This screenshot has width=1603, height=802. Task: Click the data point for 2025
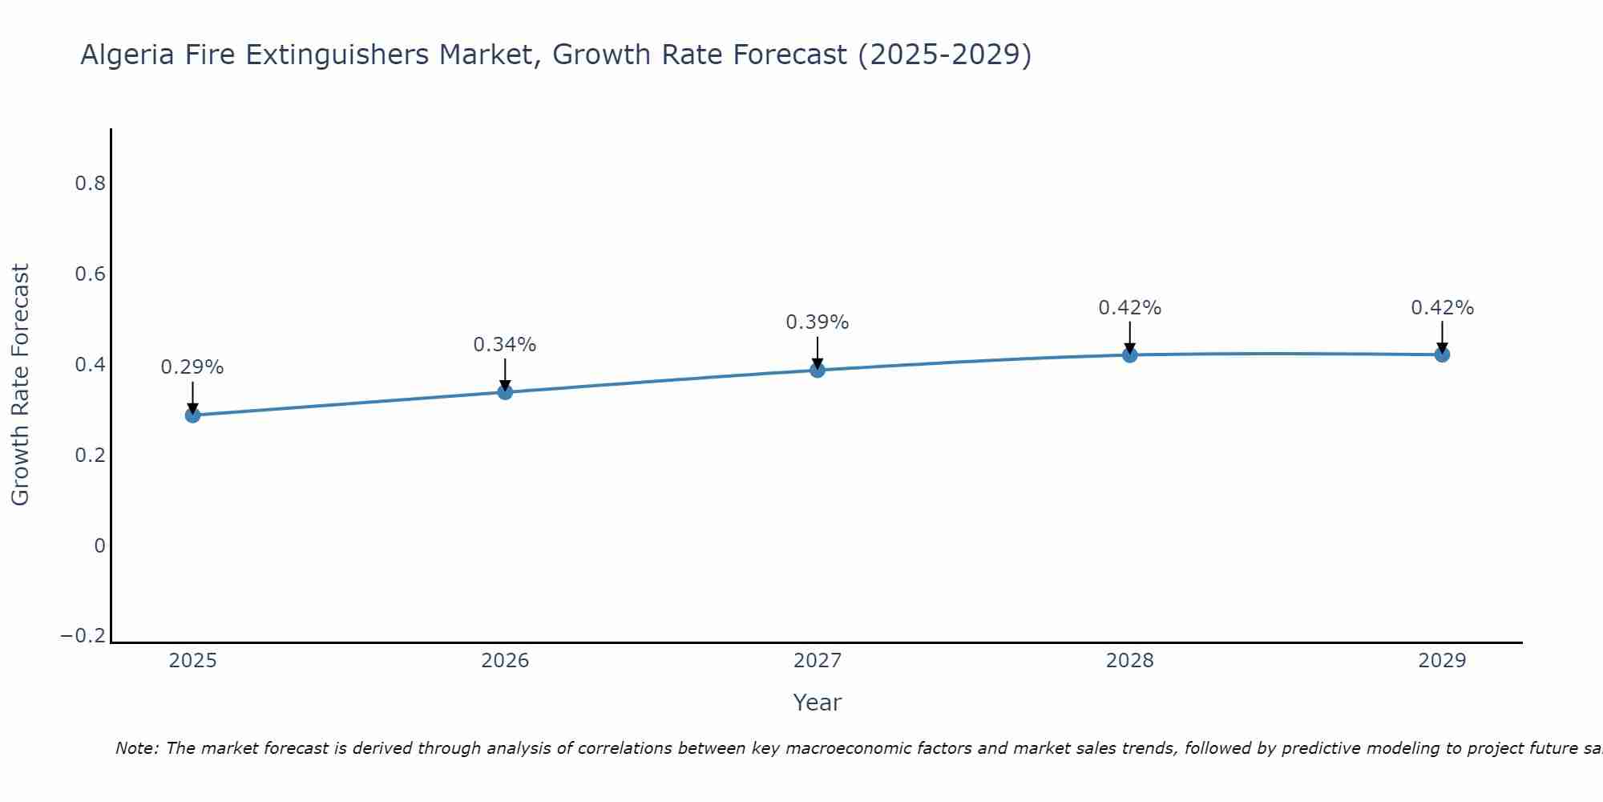click(192, 415)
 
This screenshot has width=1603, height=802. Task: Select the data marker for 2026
click(505, 392)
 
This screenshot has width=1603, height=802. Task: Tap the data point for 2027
click(818, 370)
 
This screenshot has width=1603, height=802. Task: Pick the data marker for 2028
click(1130, 354)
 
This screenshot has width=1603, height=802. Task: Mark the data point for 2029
click(1442, 354)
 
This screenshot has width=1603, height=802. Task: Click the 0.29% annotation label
click(192, 367)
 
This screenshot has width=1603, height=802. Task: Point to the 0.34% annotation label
click(505, 345)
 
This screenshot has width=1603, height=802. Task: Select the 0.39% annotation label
click(818, 322)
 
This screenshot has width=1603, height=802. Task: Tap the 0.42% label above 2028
click(1130, 308)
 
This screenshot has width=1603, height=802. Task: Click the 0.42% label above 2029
click(1442, 308)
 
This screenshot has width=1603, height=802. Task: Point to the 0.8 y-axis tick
click(91, 184)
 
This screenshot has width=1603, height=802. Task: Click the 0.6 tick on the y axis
click(91, 274)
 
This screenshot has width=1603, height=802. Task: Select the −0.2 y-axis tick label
click(83, 636)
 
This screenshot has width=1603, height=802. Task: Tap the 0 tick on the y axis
click(99, 546)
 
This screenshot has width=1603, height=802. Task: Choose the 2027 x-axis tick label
click(818, 661)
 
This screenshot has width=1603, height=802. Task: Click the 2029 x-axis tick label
click(1442, 661)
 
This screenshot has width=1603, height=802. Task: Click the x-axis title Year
click(818, 703)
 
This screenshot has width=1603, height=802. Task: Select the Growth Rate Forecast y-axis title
click(21, 385)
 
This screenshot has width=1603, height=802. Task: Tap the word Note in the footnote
click(135, 749)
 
